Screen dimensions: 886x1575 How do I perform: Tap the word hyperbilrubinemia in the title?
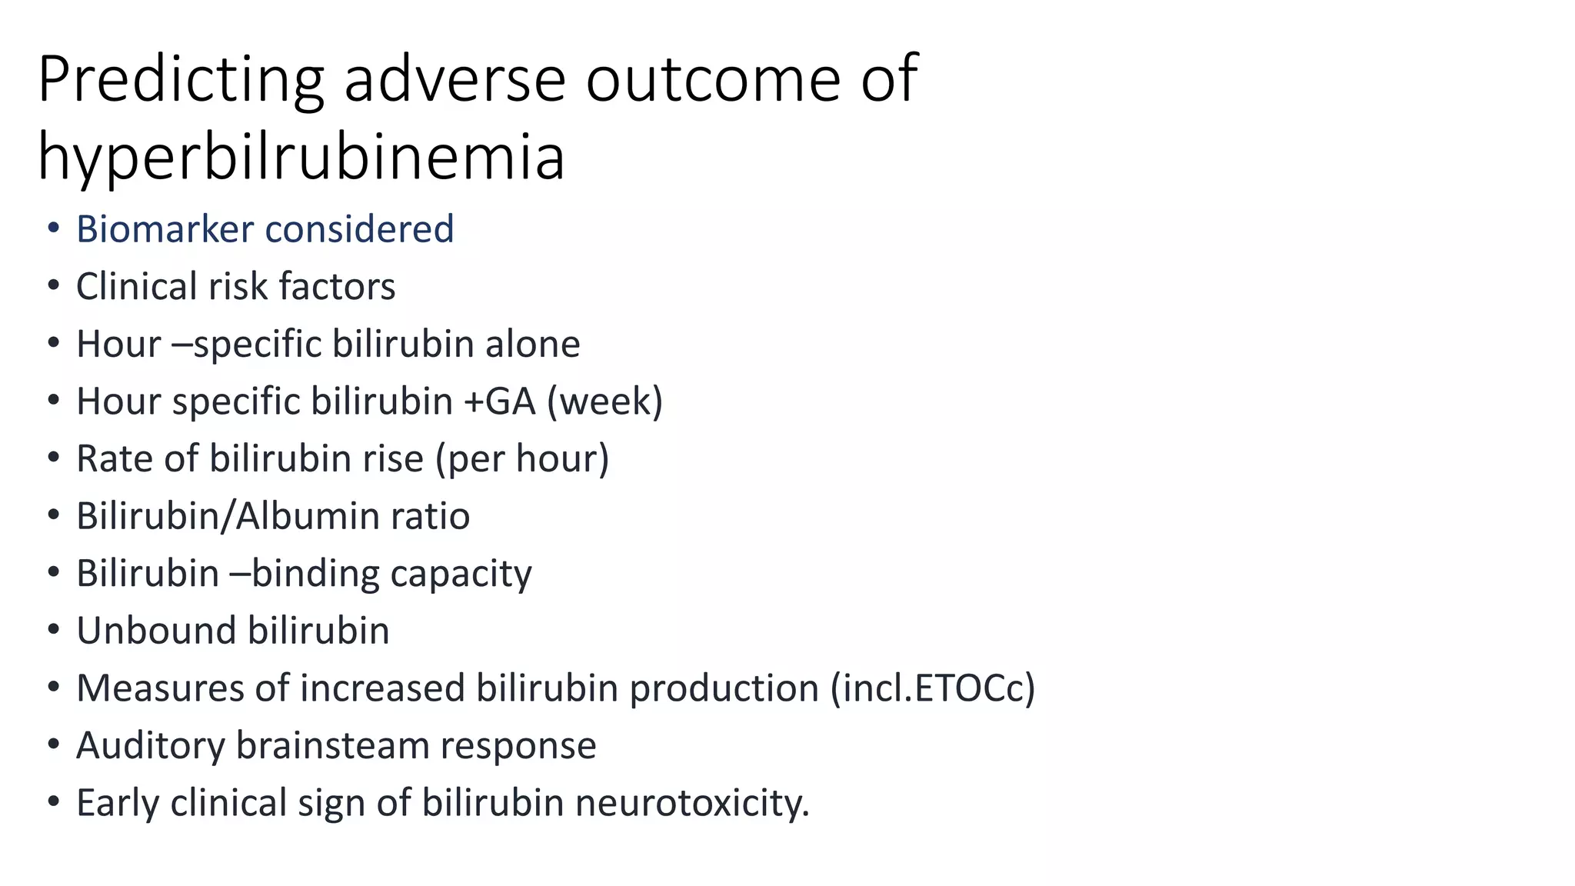coord(301,157)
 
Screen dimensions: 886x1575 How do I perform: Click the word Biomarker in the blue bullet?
coord(165,229)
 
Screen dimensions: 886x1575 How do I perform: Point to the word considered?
coord(359,229)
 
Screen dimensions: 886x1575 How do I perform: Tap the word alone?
coord(532,344)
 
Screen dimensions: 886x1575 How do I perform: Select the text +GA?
coord(499,401)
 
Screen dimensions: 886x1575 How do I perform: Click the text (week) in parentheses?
coord(604,401)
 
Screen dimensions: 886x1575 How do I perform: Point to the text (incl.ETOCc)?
coord(933,688)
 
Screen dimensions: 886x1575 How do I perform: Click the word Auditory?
coord(150,745)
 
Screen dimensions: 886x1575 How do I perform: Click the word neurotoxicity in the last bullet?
coord(692,803)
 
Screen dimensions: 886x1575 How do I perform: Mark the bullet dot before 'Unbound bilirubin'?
coord(53,631)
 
